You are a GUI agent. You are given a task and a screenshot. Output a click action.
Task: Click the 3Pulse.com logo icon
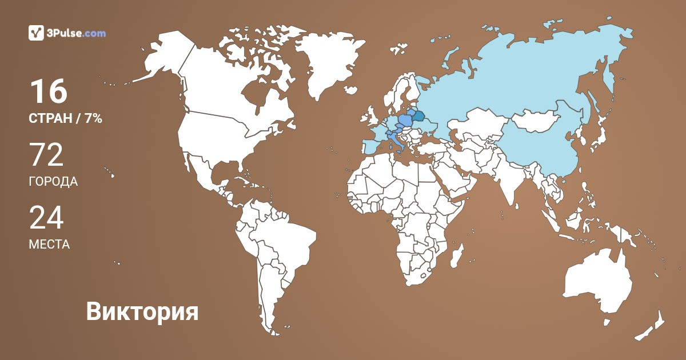click(37, 33)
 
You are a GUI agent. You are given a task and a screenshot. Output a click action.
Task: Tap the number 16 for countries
click(49, 91)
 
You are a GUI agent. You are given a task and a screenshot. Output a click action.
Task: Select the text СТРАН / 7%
click(65, 119)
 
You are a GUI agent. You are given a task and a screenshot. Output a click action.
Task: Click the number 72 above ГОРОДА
click(46, 155)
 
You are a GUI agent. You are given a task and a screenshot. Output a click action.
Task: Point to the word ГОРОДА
click(53, 182)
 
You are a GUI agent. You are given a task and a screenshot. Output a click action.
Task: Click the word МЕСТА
click(49, 245)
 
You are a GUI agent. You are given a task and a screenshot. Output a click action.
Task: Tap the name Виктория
click(142, 312)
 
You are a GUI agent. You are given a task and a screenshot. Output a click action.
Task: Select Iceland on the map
click(349, 89)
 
